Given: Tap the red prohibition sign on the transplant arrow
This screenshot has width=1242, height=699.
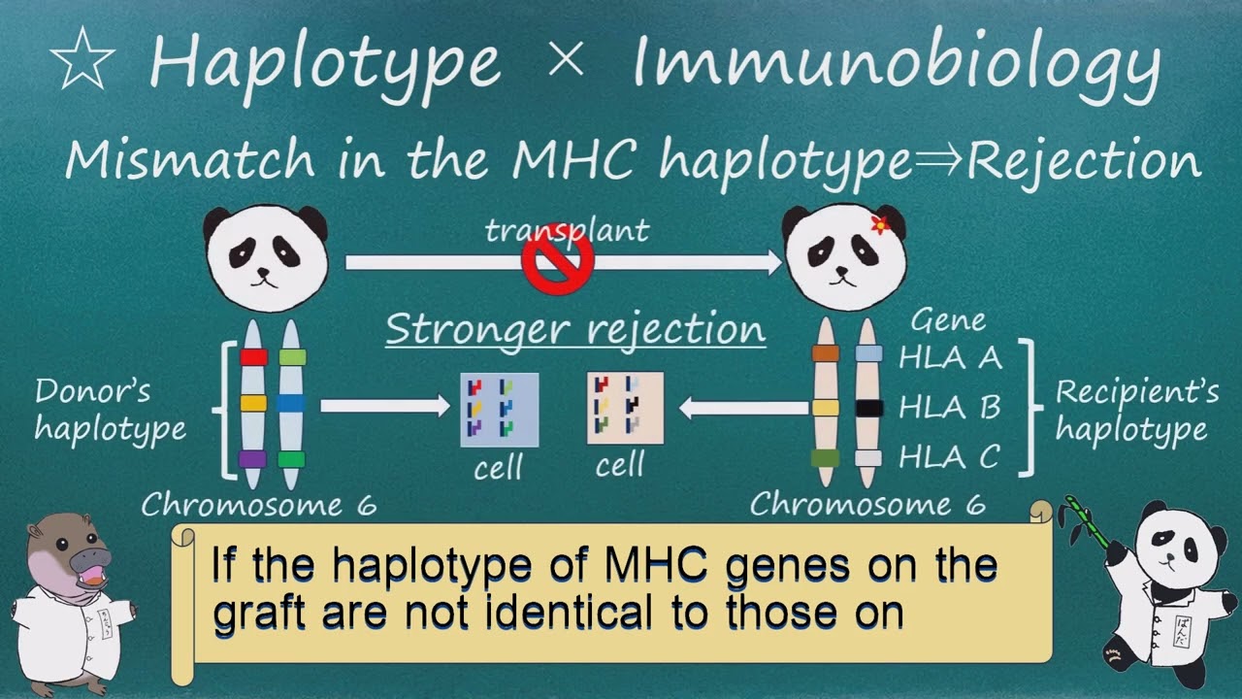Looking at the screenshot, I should [558, 262].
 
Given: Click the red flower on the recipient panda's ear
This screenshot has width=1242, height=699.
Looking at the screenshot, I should [880, 224].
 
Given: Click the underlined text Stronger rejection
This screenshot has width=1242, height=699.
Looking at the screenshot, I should [575, 329].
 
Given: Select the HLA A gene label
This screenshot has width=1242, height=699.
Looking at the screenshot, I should [949, 357].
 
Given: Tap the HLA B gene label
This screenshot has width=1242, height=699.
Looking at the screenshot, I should [949, 407].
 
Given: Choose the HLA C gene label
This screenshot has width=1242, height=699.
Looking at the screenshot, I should [949, 456].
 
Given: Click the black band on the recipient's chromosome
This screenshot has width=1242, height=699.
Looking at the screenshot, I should [868, 408].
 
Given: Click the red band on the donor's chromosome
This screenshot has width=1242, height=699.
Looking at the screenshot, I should [253, 356].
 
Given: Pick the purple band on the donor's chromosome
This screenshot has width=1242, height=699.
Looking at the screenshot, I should [252, 459].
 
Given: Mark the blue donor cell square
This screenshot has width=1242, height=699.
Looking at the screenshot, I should [499, 409].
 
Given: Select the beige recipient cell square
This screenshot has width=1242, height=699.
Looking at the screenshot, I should [625, 408].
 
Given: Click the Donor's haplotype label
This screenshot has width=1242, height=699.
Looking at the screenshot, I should [110, 410].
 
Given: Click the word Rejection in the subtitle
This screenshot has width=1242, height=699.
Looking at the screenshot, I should [1085, 161].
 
